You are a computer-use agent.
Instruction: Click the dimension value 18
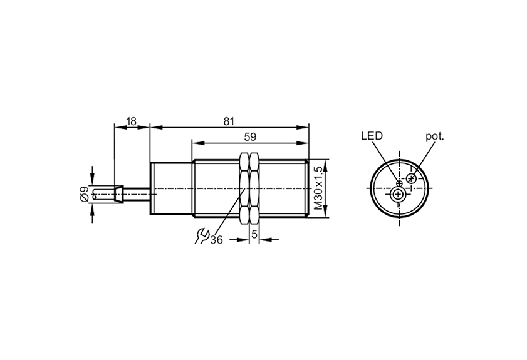click(x=132, y=121)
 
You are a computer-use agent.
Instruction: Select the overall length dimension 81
click(x=229, y=121)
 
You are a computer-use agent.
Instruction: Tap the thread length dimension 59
click(x=250, y=137)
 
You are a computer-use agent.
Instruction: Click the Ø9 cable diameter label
click(x=84, y=194)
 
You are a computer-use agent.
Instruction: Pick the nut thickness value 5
click(x=254, y=234)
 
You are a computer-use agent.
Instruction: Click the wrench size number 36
click(x=216, y=240)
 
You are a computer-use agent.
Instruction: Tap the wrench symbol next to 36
click(x=202, y=236)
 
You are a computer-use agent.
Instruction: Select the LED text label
click(x=372, y=136)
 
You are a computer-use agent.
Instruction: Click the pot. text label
click(x=435, y=136)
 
